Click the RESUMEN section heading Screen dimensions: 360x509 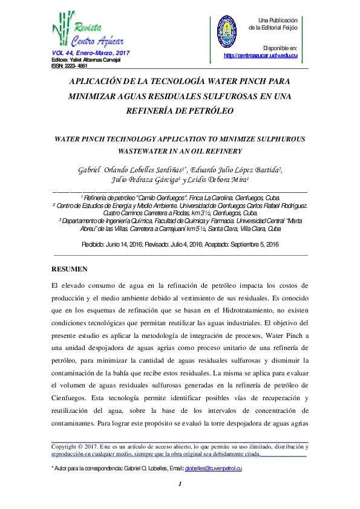(71, 268)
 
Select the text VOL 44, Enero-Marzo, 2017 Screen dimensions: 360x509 (91, 54)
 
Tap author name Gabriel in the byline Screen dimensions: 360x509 (90, 170)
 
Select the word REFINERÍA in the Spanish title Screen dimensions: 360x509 (155, 111)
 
